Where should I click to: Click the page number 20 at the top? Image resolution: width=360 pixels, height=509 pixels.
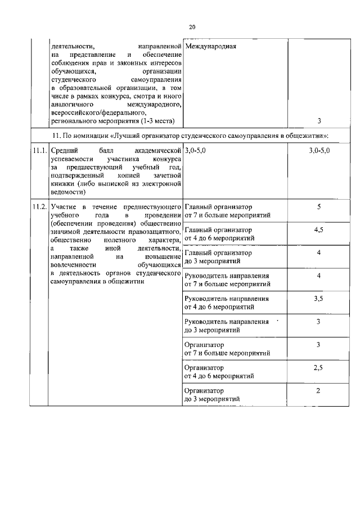[x=192, y=26]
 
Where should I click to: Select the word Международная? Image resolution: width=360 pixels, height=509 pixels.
[x=210, y=46]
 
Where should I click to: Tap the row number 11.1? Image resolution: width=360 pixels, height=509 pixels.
[x=39, y=151]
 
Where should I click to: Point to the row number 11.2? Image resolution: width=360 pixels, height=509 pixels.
[x=39, y=207]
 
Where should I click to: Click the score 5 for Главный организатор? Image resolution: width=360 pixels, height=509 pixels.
[x=318, y=207]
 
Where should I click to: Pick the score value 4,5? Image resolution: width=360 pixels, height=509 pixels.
[x=318, y=230]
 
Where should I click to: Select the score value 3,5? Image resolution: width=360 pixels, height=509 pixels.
[x=318, y=299]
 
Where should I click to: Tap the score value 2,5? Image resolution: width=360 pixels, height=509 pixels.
[x=318, y=367]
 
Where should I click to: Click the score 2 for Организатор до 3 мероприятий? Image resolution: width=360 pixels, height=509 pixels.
[x=318, y=390]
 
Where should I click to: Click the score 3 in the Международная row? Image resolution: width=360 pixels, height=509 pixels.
[x=319, y=121]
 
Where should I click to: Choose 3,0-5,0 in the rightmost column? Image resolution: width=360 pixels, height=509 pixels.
[x=319, y=151]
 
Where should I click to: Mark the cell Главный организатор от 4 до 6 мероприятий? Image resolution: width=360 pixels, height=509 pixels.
[x=219, y=234]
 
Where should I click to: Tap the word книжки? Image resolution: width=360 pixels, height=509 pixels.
[x=61, y=183]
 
